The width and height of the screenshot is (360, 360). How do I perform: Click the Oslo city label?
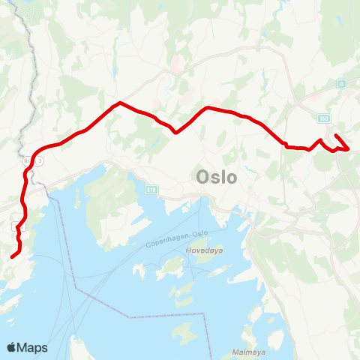click(x=216, y=178)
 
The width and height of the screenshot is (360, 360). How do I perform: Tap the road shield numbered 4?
click(x=341, y=83)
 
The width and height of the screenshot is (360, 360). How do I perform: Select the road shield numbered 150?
click(x=323, y=118)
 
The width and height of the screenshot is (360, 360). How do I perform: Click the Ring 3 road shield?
click(x=40, y=160)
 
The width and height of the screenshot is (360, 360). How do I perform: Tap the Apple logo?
click(x=12, y=347)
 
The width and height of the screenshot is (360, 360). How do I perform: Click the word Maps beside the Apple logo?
click(x=34, y=347)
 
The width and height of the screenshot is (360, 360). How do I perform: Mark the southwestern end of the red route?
click(x=12, y=257)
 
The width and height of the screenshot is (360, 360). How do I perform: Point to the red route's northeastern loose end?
click(x=335, y=135)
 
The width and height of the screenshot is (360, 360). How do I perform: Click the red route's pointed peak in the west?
click(x=119, y=103)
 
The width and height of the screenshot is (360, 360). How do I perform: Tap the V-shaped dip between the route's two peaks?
click(x=175, y=133)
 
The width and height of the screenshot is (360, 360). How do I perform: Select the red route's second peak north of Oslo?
click(x=207, y=108)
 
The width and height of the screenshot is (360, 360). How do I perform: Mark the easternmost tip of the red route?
click(x=349, y=148)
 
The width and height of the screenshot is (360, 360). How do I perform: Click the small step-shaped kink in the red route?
click(x=285, y=145)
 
